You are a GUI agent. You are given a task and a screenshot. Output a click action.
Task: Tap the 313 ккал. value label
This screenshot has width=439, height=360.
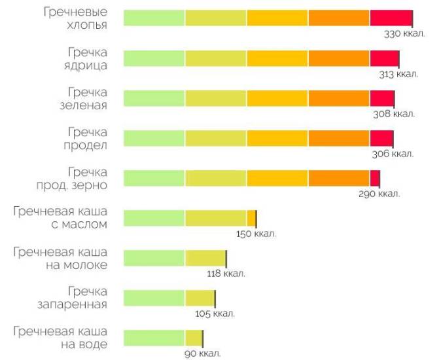pos(398,74)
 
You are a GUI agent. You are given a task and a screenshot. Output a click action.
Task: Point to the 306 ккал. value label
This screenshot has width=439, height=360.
pos(393,154)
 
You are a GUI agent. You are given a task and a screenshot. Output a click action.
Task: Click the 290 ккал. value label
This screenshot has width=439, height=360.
pos(379,194)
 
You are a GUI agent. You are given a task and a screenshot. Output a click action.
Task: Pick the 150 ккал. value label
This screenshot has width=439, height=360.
pos(256,234)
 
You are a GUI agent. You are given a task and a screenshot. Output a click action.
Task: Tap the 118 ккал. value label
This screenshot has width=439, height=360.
pos(225,274)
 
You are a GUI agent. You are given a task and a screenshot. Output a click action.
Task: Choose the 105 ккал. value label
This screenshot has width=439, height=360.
pos(215,314)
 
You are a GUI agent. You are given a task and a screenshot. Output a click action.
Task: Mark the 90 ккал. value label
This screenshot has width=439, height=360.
pos(202,353)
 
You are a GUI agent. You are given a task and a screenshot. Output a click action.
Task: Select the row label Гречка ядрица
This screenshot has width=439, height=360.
pos(87,59)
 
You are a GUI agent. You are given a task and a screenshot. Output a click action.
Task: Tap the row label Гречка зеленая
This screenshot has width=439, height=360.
pos(87,99)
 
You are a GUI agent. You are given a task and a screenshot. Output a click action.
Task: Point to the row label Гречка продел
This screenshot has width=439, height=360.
pos(87,139)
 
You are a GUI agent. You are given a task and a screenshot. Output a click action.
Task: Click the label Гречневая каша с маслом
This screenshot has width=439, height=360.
pos(60,219)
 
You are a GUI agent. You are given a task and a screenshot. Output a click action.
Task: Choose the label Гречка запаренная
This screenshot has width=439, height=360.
pos(78,298)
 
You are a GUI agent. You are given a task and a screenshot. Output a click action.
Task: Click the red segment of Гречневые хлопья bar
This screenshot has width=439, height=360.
pos(391,19)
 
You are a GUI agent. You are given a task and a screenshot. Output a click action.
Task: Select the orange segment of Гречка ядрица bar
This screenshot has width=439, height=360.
pos(339,59)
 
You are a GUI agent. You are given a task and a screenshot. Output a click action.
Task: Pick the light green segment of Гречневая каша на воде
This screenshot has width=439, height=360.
pos(154,338)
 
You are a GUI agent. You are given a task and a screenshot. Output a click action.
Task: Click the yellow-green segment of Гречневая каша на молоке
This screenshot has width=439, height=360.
pos(205,259)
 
